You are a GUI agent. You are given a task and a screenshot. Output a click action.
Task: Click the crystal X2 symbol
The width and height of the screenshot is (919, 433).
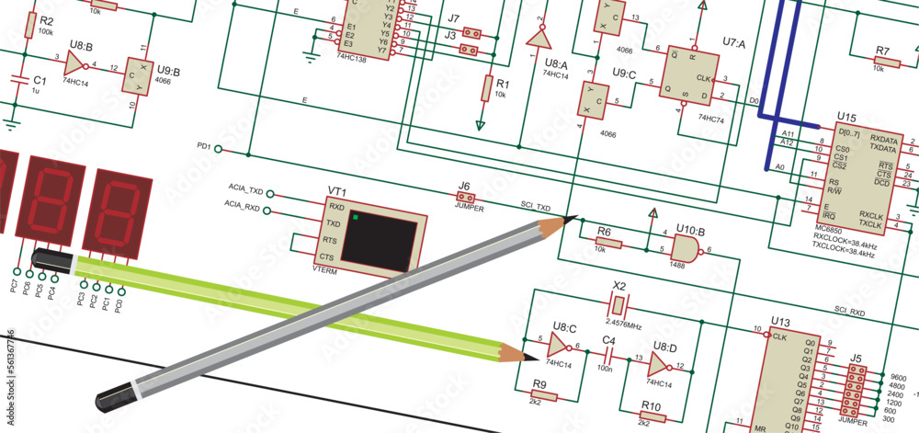(619, 304)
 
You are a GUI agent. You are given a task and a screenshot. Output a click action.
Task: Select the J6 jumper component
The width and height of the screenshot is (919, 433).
(465, 197)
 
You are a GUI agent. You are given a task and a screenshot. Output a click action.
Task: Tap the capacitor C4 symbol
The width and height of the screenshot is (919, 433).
(607, 357)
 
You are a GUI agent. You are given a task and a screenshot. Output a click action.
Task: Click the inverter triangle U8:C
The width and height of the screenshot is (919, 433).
(558, 346)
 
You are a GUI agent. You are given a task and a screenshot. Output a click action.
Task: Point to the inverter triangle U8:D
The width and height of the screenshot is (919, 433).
(659, 366)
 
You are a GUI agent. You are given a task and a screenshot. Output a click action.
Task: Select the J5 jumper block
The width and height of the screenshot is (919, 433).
(857, 390)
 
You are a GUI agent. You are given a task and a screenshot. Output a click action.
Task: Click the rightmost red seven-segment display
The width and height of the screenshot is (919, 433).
(117, 211)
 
